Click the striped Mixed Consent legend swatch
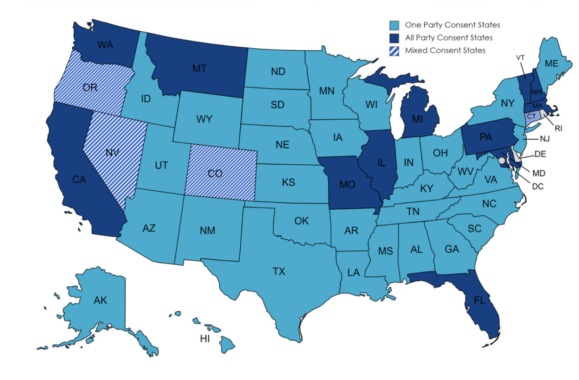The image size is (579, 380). point(394,51)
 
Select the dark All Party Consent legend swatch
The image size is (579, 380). point(394,38)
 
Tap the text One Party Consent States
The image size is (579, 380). point(452,25)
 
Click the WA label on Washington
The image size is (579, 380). point(105,45)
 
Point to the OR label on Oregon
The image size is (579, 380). point(90,87)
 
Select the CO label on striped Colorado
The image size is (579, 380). point(215,173)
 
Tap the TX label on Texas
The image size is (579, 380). point(279,271)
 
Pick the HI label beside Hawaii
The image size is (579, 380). point(205,338)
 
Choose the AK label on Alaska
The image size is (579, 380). point(100,300)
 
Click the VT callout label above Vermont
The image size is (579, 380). point(520,57)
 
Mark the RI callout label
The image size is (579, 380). point(558,128)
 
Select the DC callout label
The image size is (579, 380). point(538,186)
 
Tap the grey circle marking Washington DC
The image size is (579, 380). point(502,160)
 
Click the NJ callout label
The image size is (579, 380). point(545,139)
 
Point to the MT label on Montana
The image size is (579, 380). point(199,69)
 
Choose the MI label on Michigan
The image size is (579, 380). point(417,119)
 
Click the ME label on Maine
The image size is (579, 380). point(551,63)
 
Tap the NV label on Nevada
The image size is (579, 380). point(112,153)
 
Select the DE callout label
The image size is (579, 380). point(540,154)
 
